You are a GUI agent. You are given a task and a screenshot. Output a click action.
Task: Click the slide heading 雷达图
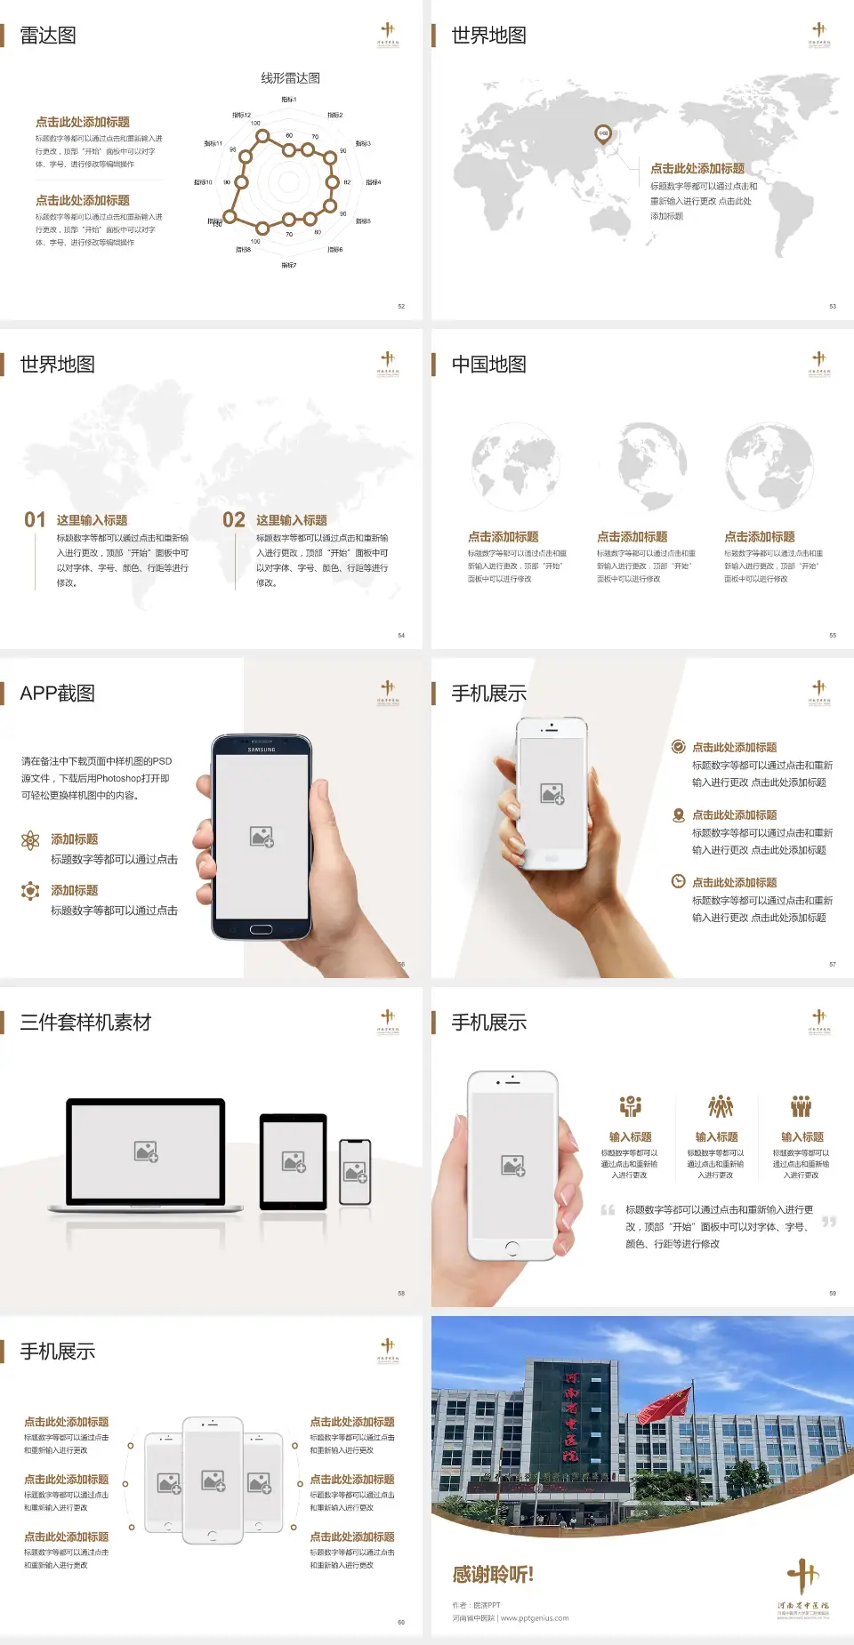48,36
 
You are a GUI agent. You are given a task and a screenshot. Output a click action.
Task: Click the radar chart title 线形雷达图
290,78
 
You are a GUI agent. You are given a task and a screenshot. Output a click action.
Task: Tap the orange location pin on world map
603,134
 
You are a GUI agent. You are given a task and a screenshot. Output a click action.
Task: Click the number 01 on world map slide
35,519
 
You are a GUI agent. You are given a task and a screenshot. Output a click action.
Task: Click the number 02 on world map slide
234,519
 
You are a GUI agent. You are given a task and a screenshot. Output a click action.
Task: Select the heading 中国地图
488,365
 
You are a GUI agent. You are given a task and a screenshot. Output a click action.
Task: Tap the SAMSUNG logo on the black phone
262,750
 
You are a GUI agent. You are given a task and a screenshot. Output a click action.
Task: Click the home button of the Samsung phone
261,929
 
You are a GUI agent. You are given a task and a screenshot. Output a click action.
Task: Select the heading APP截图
58,694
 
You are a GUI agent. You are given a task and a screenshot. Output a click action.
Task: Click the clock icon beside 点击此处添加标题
678,881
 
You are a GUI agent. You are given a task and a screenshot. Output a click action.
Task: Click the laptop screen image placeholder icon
146,1151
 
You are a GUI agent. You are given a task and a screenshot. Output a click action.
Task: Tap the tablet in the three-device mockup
293,1160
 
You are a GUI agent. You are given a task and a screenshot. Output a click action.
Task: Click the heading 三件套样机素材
85,1023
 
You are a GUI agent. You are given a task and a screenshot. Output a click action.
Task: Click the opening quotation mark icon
608,1210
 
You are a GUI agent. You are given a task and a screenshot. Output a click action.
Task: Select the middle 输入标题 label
716,1136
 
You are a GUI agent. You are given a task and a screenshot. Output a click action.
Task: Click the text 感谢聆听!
493,1575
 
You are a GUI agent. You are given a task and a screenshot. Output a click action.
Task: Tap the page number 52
401,306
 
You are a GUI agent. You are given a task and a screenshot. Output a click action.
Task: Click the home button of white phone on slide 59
512,1248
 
